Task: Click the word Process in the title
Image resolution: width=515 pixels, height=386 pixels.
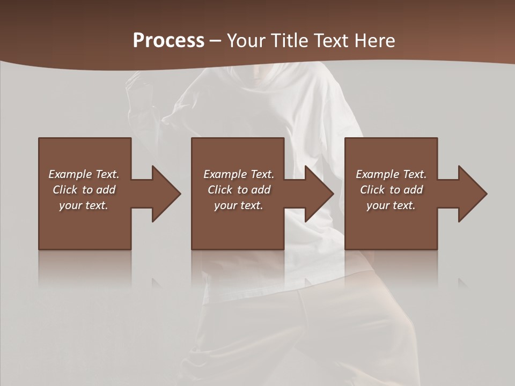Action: pyautogui.click(x=168, y=41)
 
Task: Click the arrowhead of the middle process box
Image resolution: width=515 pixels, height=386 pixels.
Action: pyautogui.click(x=316, y=194)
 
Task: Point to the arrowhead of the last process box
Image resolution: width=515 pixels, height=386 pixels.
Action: pyautogui.click(x=469, y=194)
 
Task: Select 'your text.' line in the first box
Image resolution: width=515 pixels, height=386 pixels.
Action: pyautogui.click(x=84, y=205)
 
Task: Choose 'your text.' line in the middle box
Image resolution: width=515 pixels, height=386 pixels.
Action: pyautogui.click(x=238, y=205)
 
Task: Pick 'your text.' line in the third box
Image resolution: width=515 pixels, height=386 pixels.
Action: pyautogui.click(x=391, y=205)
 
